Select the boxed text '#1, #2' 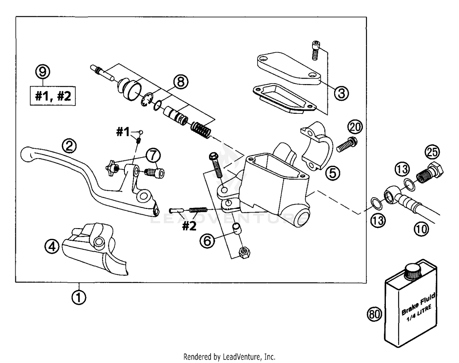coord(53,96)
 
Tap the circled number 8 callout coord(181,82)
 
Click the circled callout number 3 coord(341,93)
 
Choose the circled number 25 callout coord(432,152)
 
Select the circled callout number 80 coord(374,314)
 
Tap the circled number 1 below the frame coord(79,297)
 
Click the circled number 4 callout coord(52,246)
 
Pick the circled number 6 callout coord(207,241)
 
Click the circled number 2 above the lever coord(69,146)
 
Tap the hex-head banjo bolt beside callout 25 coord(430,173)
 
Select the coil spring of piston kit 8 coord(201,129)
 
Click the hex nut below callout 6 coord(244,253)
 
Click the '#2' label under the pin coord(189,226)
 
